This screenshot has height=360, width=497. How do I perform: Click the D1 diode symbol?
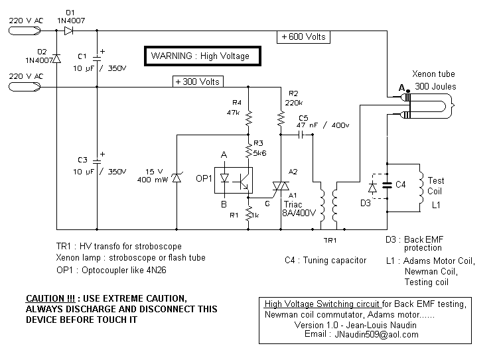click(69, 30)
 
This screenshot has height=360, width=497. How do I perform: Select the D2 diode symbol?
click(56, 58)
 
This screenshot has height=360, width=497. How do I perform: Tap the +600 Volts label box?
click(303, 37)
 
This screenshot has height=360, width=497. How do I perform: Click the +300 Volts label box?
click(198, 82)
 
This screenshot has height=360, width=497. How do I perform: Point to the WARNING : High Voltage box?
click(202, 56)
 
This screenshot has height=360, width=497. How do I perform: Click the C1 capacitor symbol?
click(97, 58)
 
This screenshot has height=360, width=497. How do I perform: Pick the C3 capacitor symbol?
click(97, 161)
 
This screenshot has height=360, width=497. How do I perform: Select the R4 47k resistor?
click(248, 118)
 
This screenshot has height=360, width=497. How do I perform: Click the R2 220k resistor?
click(281, 118)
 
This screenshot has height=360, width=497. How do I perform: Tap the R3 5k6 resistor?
click(248, 150)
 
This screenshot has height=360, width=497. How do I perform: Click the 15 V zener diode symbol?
click(177, 178)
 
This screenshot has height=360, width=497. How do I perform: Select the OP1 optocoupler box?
click(234, 180)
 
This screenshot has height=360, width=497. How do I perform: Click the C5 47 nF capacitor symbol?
click(301, 135)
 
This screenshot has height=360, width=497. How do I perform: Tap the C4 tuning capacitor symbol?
click(387, 185)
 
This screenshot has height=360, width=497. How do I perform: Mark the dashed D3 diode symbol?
click(372, 188)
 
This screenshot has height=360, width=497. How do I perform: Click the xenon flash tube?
click(427, 106)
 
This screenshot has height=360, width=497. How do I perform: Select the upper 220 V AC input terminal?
click(25, 30)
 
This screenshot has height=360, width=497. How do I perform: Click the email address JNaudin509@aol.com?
click(376, 334)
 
